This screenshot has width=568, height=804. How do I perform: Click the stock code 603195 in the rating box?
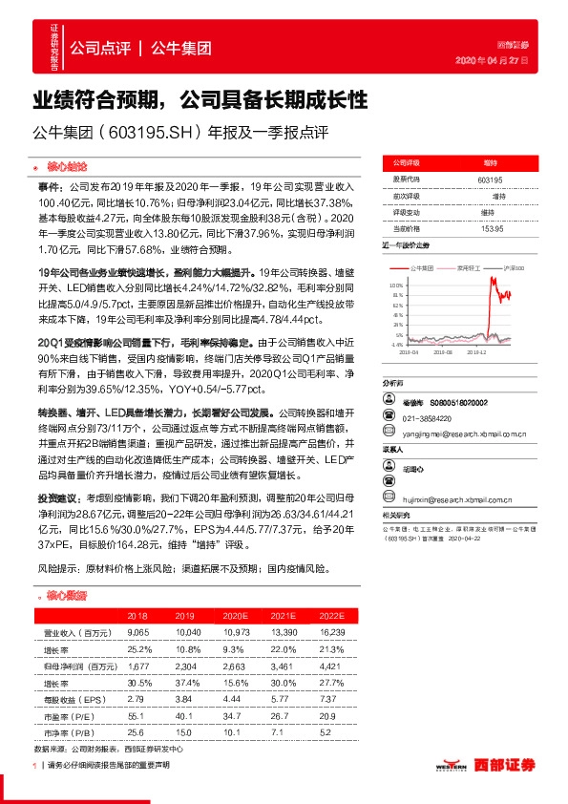coord(488,179)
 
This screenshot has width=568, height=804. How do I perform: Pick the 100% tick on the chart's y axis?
coord(397,285)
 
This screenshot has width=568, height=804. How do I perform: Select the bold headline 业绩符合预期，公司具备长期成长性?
coord(200,100)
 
